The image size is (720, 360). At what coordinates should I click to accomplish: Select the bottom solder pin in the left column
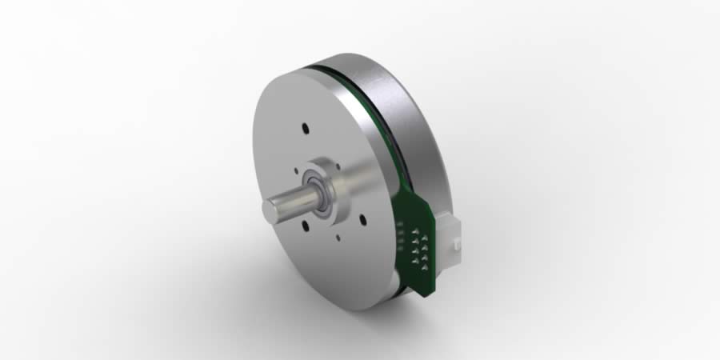(x=414, y=262)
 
